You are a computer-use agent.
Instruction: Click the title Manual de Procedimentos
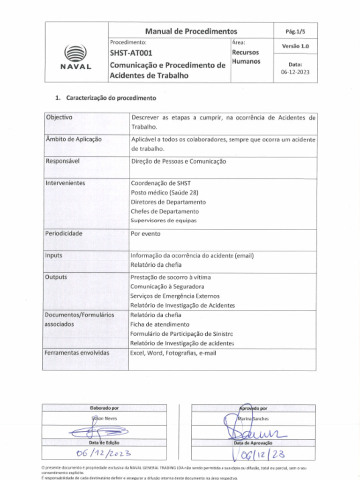(x=191, y=31)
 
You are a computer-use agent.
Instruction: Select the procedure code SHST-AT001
(x=131, y=53)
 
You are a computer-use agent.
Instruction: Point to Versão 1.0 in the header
(x=295, y=46)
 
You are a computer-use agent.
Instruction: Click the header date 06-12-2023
(x=295, y=72)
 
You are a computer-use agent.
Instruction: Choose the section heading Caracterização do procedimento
(x=111, y=98)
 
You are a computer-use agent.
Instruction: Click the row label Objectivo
(x=59, y=118)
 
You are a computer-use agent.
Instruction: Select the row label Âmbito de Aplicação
(x=74, y=139)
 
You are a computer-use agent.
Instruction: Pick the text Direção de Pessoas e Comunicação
(x=178, y=161)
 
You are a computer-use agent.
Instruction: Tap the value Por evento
(x=145, y=233)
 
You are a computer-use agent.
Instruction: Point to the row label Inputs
(x=53, y=255)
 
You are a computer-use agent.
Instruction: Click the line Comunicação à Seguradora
(x=167, y=286)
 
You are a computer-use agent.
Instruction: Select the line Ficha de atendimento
(x=160, y=324)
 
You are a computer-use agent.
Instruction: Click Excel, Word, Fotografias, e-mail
(x=173, y=353)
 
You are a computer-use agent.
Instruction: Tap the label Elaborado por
(x=104, y=408)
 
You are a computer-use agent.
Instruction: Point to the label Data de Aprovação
(x=253, y=443)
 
